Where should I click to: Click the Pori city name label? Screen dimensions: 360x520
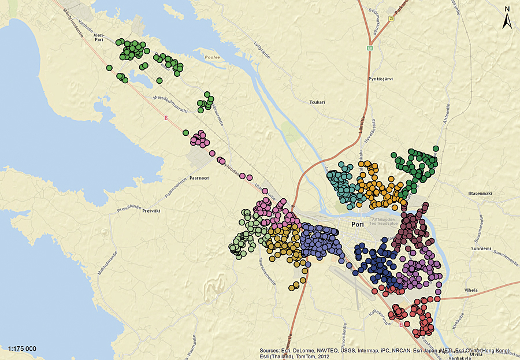click(x=359, y=225)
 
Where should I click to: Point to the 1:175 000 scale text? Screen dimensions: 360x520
click(x=23, y=349)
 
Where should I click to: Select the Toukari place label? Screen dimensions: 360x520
click(x=317, y=102)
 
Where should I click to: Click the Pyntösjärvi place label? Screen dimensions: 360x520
click(x=380, y=79)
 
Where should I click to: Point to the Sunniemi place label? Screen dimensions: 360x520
click(x=480, y=248)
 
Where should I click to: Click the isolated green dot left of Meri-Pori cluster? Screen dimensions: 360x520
click(x=109, y=68)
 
